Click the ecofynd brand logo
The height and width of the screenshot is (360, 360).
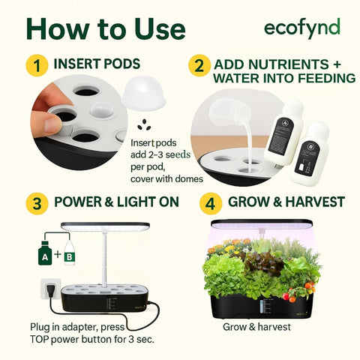301,28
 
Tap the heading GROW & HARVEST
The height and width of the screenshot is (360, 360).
286,202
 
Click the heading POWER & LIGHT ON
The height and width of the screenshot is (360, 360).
116,202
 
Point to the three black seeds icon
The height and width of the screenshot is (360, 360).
144,125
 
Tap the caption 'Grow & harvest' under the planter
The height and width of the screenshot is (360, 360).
256,327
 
